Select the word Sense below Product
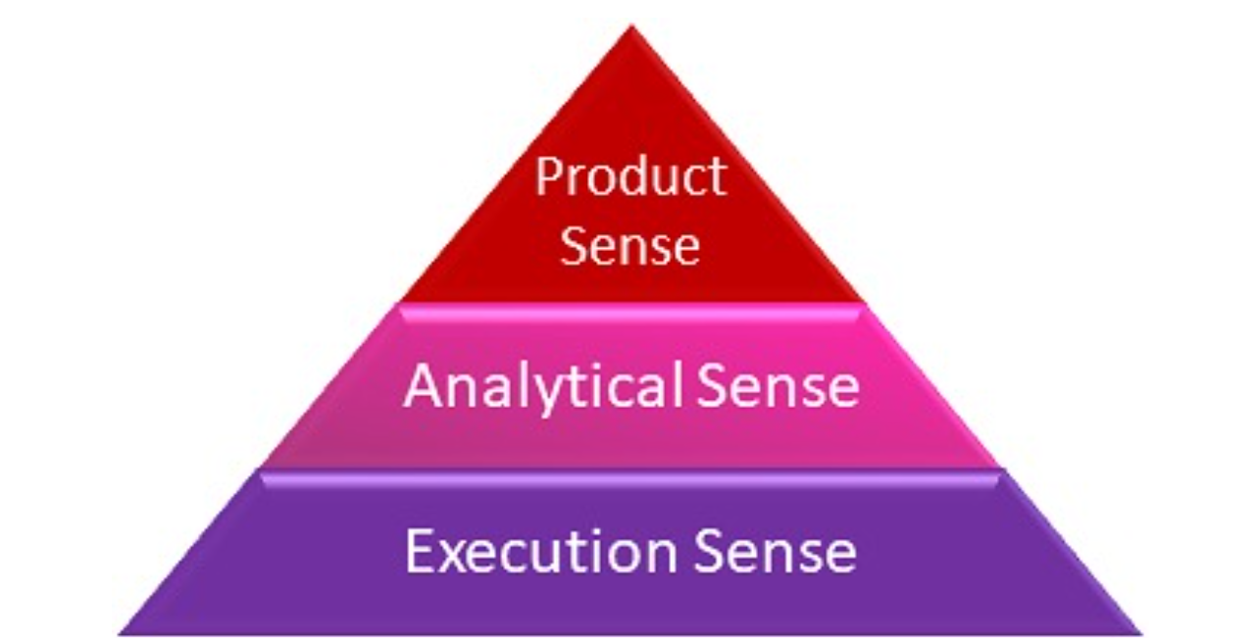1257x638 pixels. (x=630, y=245)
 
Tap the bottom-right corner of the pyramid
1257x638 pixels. (x=1139, y=632)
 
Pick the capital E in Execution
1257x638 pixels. (x=420, y=551)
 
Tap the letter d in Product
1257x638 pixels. (x=627, y=177)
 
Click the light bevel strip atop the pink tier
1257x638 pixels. (x=630, y=310)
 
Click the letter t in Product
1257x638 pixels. (x=715, y=179)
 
